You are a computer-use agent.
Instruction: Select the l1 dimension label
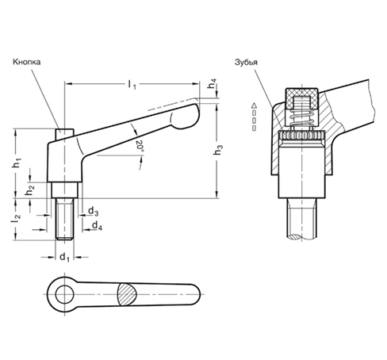132,82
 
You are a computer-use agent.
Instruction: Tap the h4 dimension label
213,86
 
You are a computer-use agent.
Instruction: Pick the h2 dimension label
29,190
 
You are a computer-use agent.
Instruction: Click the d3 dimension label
94,212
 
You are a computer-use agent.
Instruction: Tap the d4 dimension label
96,227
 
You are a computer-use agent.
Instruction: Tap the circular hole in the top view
63,294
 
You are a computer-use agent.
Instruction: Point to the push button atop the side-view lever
61,130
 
